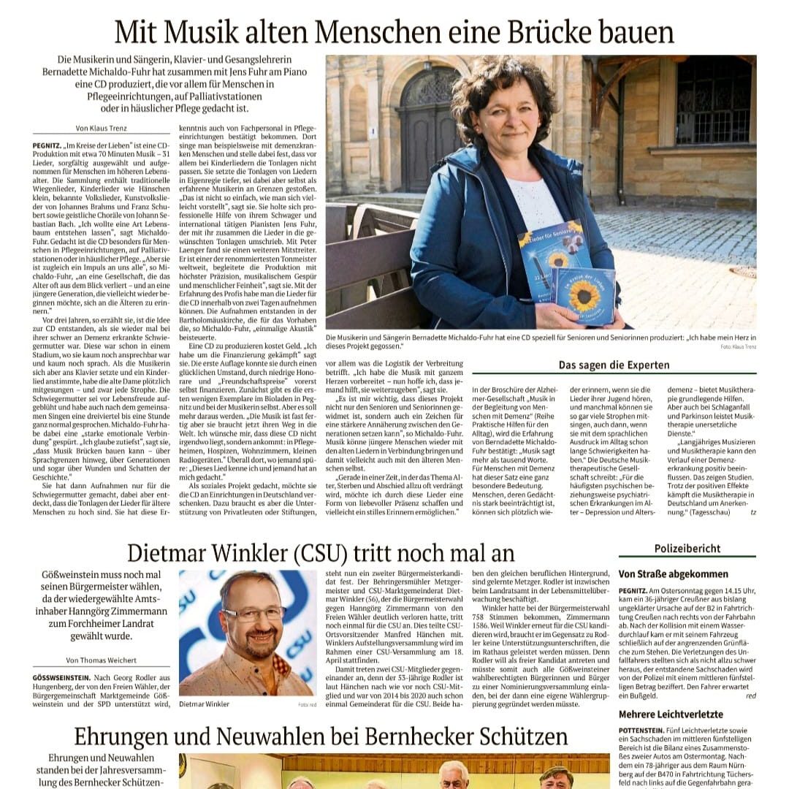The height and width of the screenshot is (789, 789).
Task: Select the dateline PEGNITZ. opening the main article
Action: tap(47, 145)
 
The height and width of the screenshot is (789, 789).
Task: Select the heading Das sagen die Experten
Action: tap(614, 365)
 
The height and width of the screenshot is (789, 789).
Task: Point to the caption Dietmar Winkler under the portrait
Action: tap(204, 704)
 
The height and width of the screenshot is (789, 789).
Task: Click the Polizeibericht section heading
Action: tap(687, 549)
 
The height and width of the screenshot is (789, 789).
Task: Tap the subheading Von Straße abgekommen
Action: tap(673, 574)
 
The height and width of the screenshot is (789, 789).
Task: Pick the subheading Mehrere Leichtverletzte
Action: tap(671, 714)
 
